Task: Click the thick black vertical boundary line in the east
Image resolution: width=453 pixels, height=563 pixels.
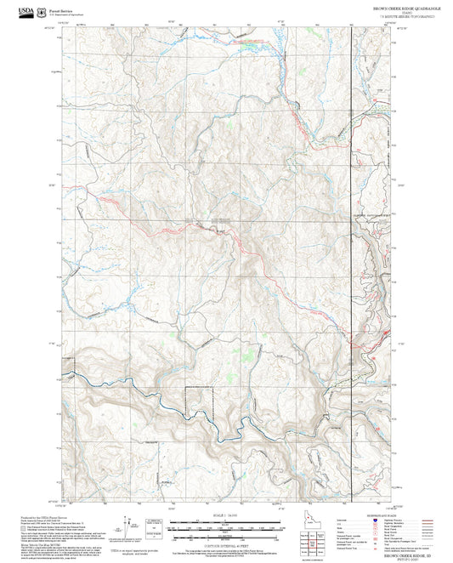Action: pos(354,255)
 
